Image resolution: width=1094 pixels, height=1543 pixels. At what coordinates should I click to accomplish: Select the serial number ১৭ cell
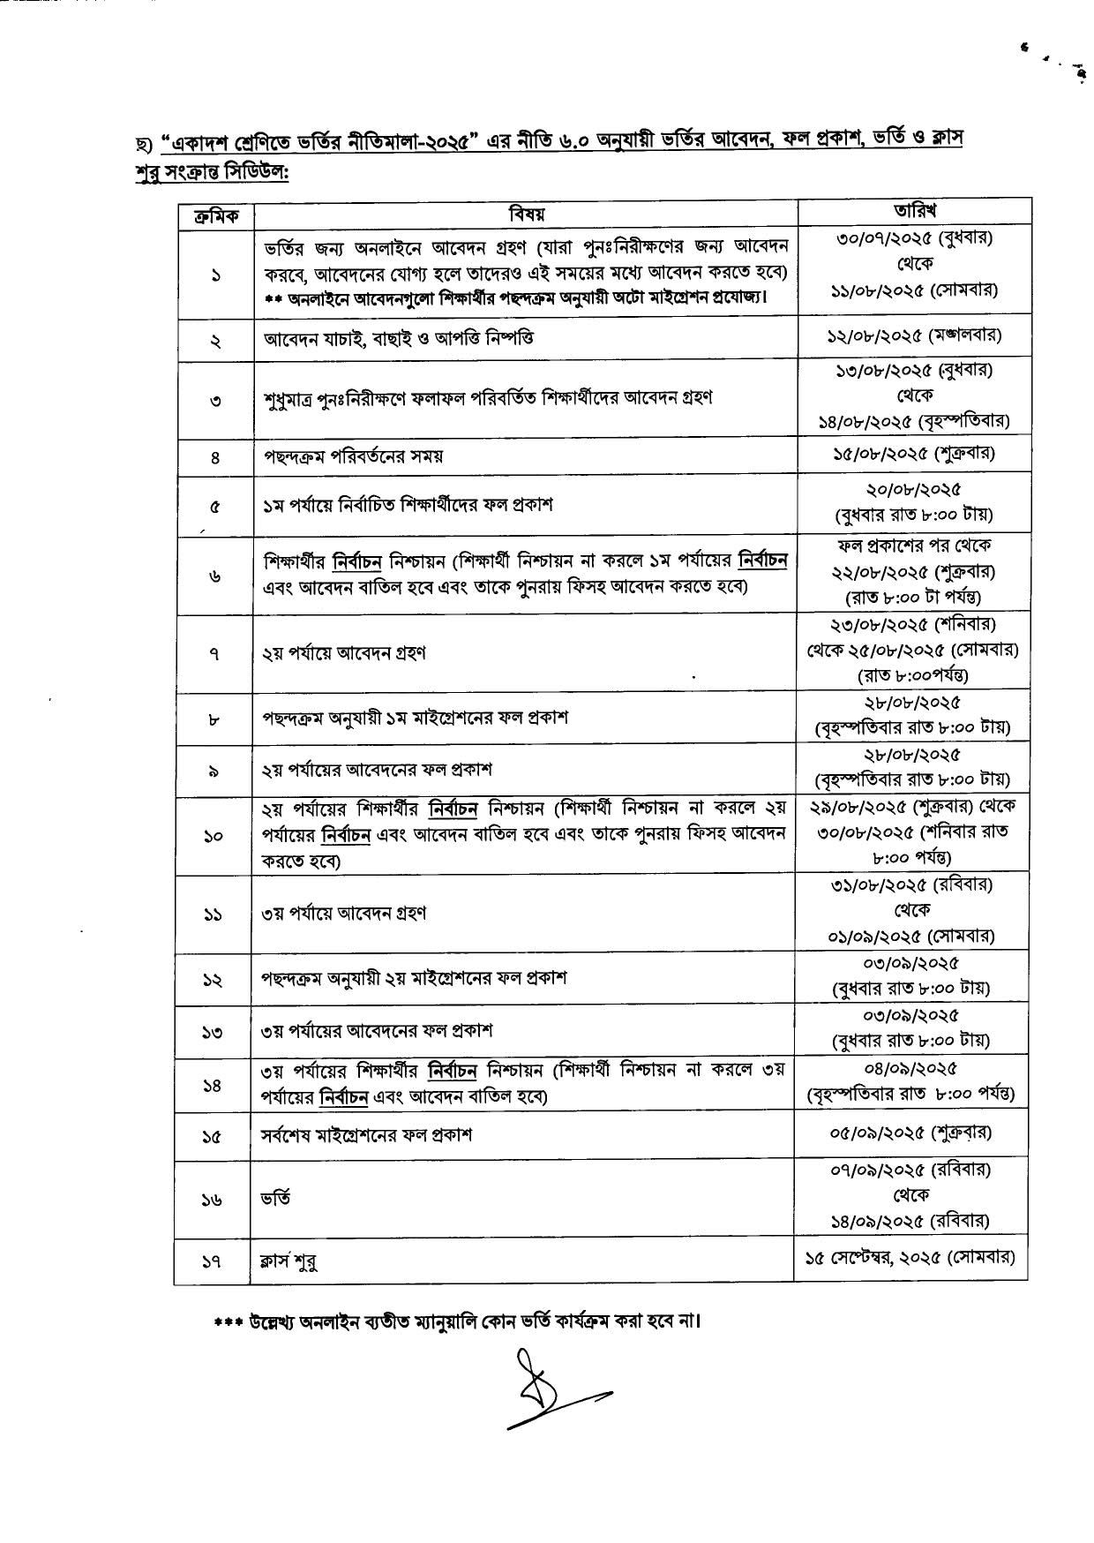point(213,1261)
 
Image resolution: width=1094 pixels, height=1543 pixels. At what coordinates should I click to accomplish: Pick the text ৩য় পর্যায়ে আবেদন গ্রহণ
point(344,913)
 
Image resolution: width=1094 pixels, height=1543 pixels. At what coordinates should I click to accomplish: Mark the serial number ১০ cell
point(213,835)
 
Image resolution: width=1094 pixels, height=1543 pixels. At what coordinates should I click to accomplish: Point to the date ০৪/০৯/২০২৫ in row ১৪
point(910,1069)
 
